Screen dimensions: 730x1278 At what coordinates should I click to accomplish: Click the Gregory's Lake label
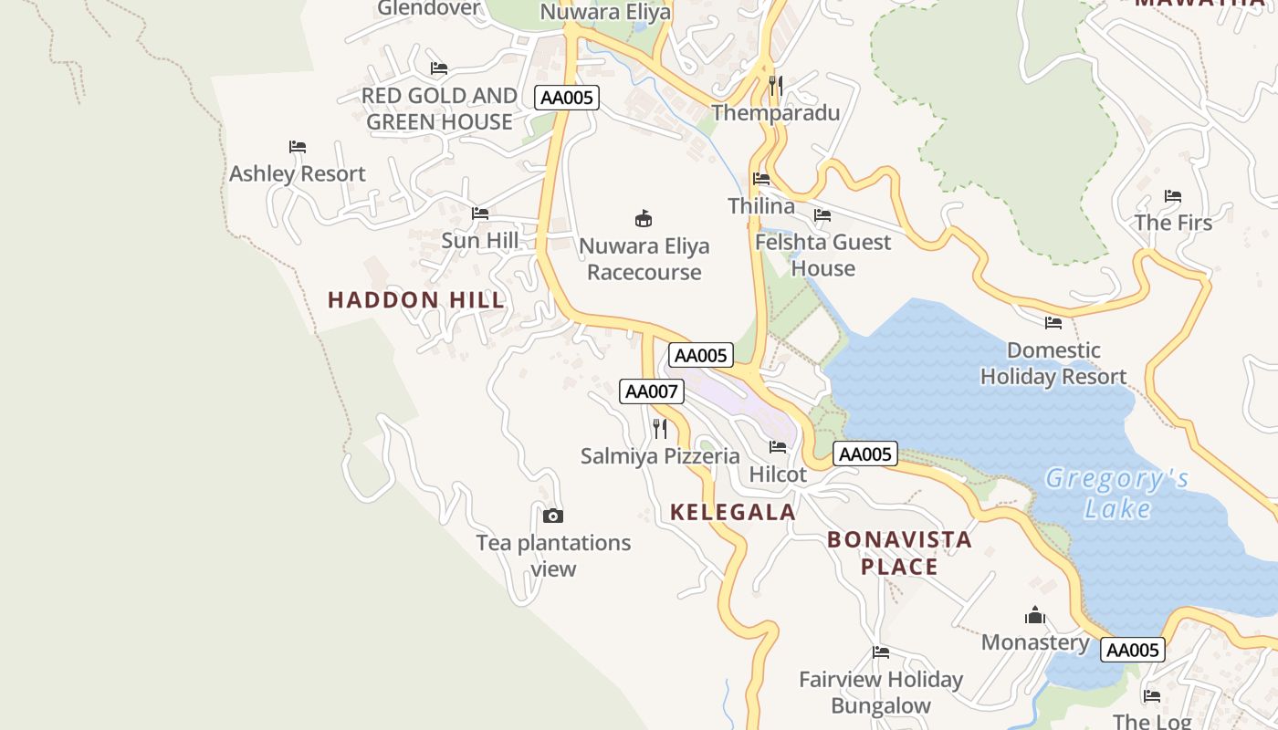point(1117,493)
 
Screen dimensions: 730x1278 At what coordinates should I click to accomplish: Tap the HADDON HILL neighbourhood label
point(415,299)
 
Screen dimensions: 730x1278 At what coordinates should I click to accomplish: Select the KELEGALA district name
point(733,512)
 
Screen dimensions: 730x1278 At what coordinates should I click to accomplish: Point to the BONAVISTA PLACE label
point(899,553)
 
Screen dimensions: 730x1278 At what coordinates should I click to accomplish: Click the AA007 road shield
point(651,391)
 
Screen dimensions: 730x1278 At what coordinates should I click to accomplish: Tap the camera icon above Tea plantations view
point(553,516)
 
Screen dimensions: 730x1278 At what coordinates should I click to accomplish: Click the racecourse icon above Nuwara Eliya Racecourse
point(644,218)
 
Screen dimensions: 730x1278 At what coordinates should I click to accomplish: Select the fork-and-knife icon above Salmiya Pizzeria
point(660,428)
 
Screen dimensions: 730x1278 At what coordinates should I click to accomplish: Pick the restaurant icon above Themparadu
point(776,86)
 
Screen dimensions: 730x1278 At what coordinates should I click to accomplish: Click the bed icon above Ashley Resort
point(298,147)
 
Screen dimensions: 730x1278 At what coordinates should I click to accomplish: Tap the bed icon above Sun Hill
point(480,214)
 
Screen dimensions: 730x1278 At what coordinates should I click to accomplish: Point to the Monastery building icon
point(1034,615)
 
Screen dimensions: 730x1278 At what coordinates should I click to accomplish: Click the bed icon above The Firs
point(1173,196)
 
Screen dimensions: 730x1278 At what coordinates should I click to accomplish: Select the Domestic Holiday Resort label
point(1053,363)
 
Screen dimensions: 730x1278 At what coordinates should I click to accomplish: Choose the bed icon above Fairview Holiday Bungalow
point(881,652)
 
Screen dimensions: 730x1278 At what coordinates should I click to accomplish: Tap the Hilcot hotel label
point(778,474)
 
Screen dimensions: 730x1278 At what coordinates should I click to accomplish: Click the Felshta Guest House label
point(822,255)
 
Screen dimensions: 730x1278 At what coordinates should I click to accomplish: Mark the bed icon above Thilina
point(761,179)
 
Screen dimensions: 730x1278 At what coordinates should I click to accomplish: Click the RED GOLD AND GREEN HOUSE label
point(439,109)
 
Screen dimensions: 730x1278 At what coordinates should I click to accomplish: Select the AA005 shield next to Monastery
point(1133,650)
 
